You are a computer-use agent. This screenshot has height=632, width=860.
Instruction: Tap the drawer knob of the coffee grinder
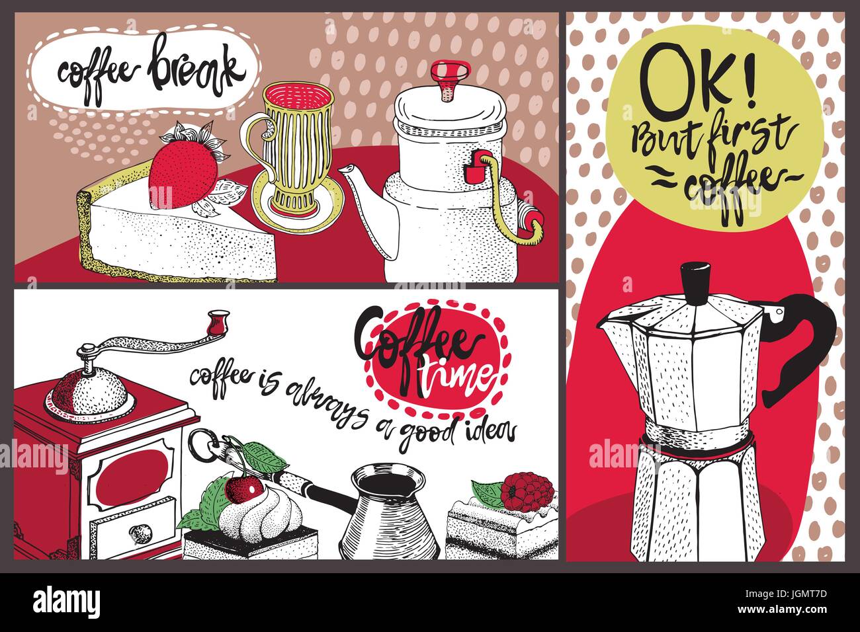[x=139, y=532]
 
